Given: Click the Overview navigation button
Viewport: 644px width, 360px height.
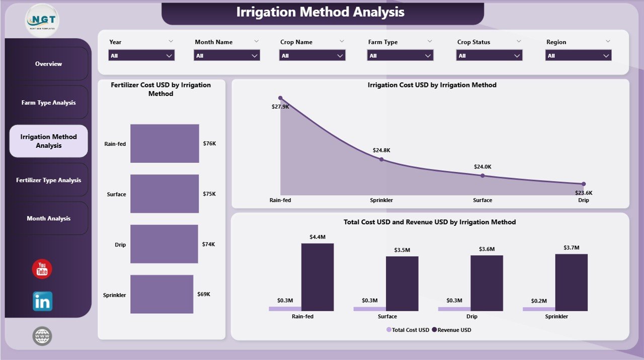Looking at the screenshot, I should [x=48, y=64].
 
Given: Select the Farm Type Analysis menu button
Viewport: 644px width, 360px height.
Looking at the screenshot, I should [x=48, y=103].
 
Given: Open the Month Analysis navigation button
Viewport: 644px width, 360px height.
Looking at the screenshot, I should [x=48, y=218].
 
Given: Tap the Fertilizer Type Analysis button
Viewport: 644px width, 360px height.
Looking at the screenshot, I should [x=48, y=180].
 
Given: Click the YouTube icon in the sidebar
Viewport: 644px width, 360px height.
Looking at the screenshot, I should [x=42, y=269].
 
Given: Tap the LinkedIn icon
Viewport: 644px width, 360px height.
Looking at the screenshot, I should [x=42, y=302].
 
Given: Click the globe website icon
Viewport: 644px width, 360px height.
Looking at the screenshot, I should [x=42, y=336].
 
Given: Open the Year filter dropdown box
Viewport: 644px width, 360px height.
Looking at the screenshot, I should [x=141, y=56].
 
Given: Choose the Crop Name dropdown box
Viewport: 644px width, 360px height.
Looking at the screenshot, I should [x=312, y=56].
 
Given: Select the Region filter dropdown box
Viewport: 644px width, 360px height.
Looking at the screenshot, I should [x=578, y=56].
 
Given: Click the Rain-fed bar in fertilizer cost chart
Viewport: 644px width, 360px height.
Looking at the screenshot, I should [x=165, y=143].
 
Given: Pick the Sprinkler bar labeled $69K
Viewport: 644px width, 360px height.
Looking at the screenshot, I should [x=162, y=294].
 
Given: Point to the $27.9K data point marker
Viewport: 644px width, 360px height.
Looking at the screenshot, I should [x=280, y=98].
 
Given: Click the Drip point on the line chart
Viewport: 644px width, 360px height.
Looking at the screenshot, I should [x=584, y=184].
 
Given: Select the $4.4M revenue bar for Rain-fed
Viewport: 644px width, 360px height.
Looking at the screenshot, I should [x=317, y=277].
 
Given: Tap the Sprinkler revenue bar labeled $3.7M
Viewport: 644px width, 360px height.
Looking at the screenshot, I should [x=571, y=282].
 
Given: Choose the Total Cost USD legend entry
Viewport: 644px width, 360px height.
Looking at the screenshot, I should [x=408, y=330].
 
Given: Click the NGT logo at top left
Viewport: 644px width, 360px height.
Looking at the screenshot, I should [x=42, y=20].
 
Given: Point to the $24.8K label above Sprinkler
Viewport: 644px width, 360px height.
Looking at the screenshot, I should [x=381, y=150].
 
